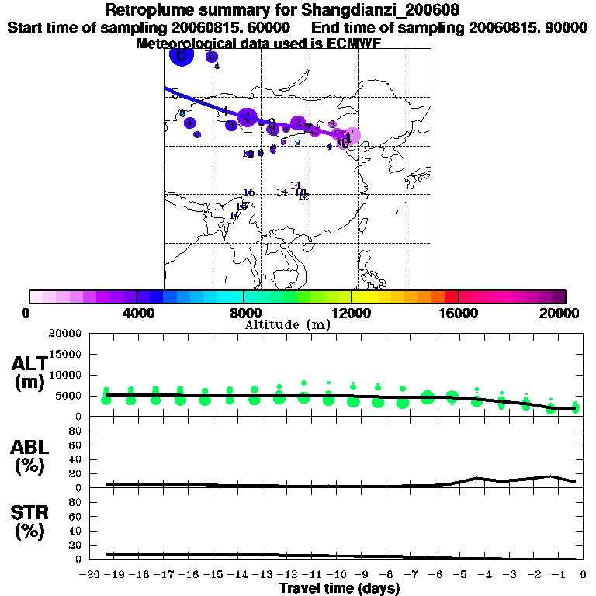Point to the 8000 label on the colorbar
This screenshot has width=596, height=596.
[244, 313]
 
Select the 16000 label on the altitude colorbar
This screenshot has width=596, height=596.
[459, 313]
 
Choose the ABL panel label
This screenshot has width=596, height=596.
[30, 447]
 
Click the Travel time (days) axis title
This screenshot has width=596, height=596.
[339, 589]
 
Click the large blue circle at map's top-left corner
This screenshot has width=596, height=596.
[180, 56]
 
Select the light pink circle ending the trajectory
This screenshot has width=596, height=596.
[352, 137]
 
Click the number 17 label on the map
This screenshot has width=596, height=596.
[235, 216]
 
